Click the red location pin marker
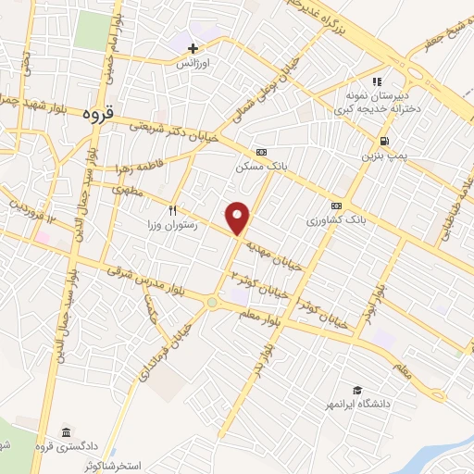pyautogui.click(x=239, y=217)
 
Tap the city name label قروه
pyautogui.click(x=97, y=115)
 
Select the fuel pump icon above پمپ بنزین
pyautogui.click(x=383, y=141)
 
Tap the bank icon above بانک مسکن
pyautogui.click(x=260, y=152)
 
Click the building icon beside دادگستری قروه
pyautogui.click(x=67, y=432)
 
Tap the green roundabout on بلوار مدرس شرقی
pyautogui.click(x=212, y=302)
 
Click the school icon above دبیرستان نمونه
pyautogui.click(x=378, y=81)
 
